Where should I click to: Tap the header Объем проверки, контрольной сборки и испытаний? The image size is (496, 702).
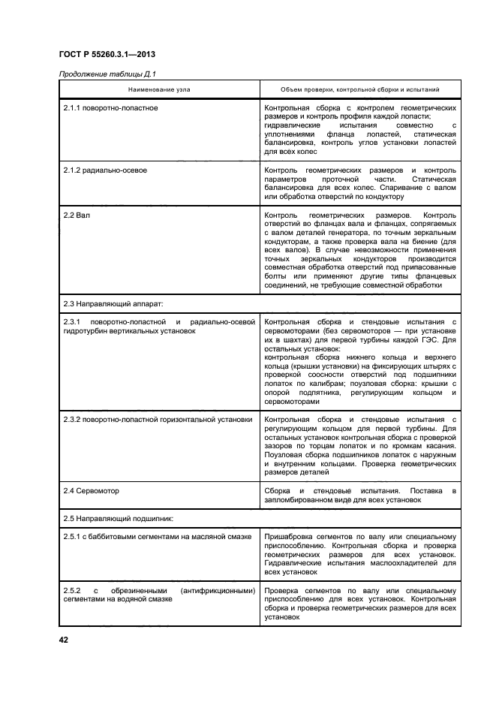(359, 89)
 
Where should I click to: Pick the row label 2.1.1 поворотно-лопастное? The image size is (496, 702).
(110, 108)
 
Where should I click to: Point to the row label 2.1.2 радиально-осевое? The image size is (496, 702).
(106, 170)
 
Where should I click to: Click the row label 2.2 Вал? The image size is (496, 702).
(77, 215)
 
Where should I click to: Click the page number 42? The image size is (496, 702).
(64, 640)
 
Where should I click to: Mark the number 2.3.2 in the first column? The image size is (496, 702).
(74, 420)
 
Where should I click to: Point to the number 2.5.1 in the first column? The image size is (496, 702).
(74, 535)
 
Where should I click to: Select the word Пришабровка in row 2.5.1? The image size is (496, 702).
(287, 535)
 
